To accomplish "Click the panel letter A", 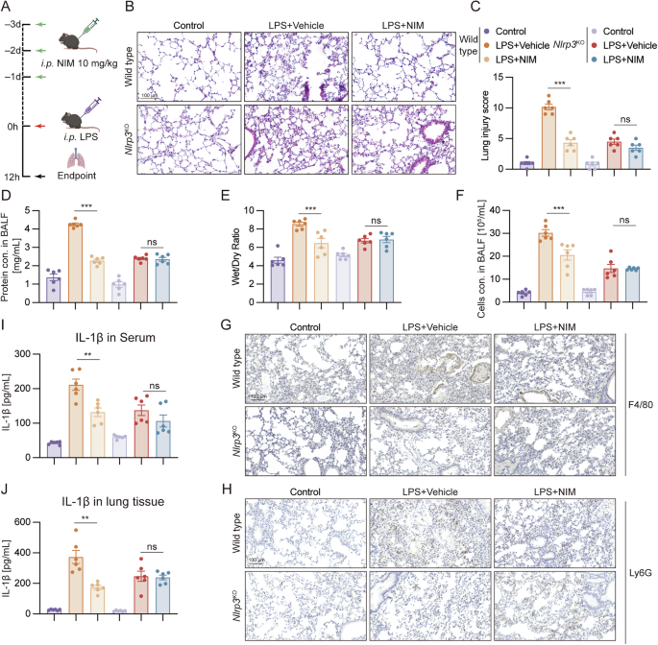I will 10,9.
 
